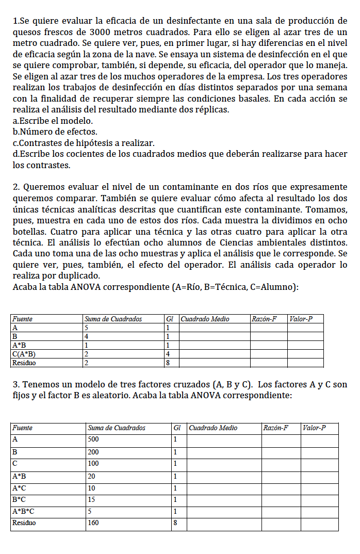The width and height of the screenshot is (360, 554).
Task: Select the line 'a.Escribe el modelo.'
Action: point(53,121)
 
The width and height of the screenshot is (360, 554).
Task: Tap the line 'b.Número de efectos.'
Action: point(55,132)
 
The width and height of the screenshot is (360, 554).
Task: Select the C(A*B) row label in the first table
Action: point(24,354)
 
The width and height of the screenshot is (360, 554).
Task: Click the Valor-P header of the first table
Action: point(301,319)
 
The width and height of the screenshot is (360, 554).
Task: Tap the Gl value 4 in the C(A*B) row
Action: point(168,354)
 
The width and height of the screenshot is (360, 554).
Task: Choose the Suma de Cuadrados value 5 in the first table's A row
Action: point(87,328)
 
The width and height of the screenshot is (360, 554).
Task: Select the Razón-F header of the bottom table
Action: point(275,428)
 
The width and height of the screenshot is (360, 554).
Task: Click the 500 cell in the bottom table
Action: point(94,439)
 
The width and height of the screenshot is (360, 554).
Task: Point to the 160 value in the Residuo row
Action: point(94,523)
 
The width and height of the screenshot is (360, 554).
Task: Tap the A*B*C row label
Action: point(23,511)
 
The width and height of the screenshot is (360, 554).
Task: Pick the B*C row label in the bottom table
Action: point(19,499)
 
